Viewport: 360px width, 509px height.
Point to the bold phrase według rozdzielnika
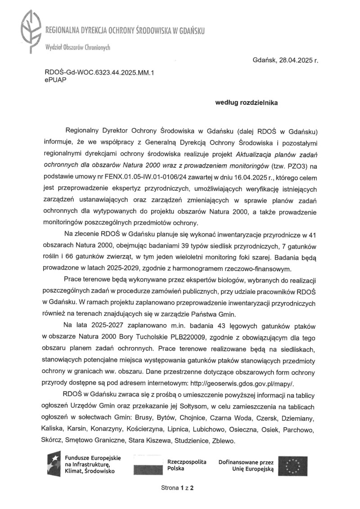tap(247, 102)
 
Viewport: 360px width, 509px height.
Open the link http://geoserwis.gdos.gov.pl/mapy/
tap(249, 384)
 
